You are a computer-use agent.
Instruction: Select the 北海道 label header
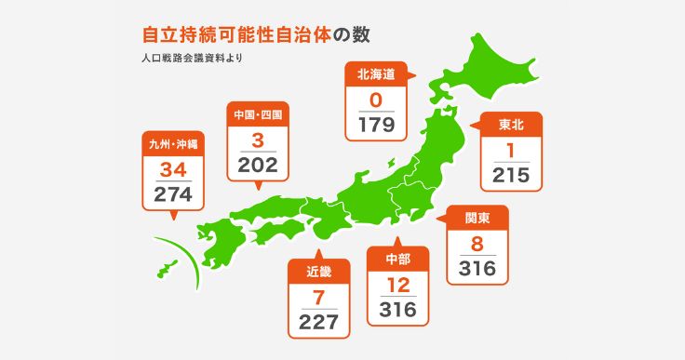click(x=375, y=74)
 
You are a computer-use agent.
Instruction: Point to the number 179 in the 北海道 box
click(x=376, y=124)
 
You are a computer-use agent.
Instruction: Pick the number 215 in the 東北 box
click(x=511, y=174)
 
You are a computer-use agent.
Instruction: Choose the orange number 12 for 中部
click(x=397, y=284)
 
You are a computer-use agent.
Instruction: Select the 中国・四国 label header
click(x=258, y=115)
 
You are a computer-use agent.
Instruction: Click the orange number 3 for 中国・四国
click(x=258, y=140)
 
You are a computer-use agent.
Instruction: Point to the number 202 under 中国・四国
click(x=258, y=164)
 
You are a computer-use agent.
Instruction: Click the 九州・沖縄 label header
click(x=174, y=144)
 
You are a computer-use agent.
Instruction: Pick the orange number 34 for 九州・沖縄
click(x=174, y=169)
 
